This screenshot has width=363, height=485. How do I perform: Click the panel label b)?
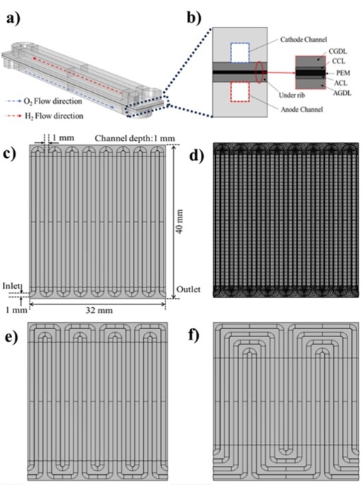pos(194,18)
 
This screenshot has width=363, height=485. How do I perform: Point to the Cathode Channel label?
pos(304,40)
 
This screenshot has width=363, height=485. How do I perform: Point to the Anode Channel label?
pos(301,110)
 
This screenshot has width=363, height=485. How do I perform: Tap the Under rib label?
pos(292,95)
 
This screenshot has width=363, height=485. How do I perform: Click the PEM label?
pos(343,73)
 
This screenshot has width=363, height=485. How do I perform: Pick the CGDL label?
pos(338,52)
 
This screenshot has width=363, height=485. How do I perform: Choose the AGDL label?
pos(342,93)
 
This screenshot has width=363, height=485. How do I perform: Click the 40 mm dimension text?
pos(179,221)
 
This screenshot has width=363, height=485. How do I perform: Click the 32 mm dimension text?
pos(99,310)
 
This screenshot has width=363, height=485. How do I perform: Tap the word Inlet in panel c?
pos(11,286)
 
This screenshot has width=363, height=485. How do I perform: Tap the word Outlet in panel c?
pos(188,290)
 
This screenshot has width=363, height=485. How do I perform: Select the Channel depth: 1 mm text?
pos(134,138)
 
